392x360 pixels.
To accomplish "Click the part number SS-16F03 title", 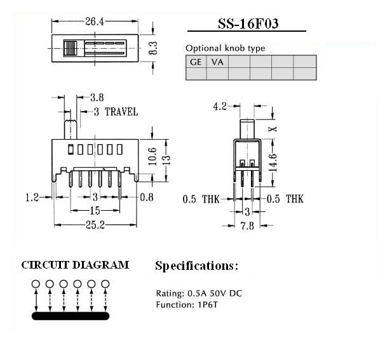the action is tap(248, 23).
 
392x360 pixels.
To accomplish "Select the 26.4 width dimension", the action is tap(95, 22).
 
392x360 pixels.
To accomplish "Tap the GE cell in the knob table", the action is tap(196, 62).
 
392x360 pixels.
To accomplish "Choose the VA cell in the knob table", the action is tap(217, 62).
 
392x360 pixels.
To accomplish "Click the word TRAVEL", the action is tap(121, 112).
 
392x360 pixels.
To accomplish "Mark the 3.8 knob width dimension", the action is tap(97, 97).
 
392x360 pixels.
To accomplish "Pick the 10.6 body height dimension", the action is tap(152, 156).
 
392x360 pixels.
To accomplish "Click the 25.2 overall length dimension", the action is tap(95, 225).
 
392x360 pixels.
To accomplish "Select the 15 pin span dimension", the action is tap(95, 211).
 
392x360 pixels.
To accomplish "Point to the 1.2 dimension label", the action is tap(32, 197).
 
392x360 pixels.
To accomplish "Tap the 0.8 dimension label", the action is tap(147, 197).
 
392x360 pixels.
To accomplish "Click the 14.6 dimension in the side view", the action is tap(273, 163).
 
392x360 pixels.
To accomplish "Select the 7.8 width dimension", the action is tap(247, 226).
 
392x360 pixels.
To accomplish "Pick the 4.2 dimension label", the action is tap(220, 107).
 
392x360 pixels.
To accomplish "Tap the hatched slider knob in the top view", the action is tap(71, 48).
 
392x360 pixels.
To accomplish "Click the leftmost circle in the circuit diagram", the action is tap(36, 284).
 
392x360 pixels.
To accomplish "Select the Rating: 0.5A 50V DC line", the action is tap(199, 293).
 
